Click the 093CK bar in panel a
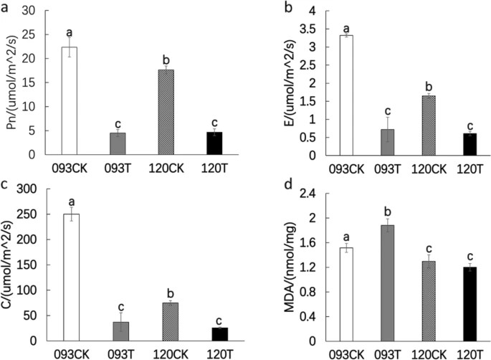click(69, 100)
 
